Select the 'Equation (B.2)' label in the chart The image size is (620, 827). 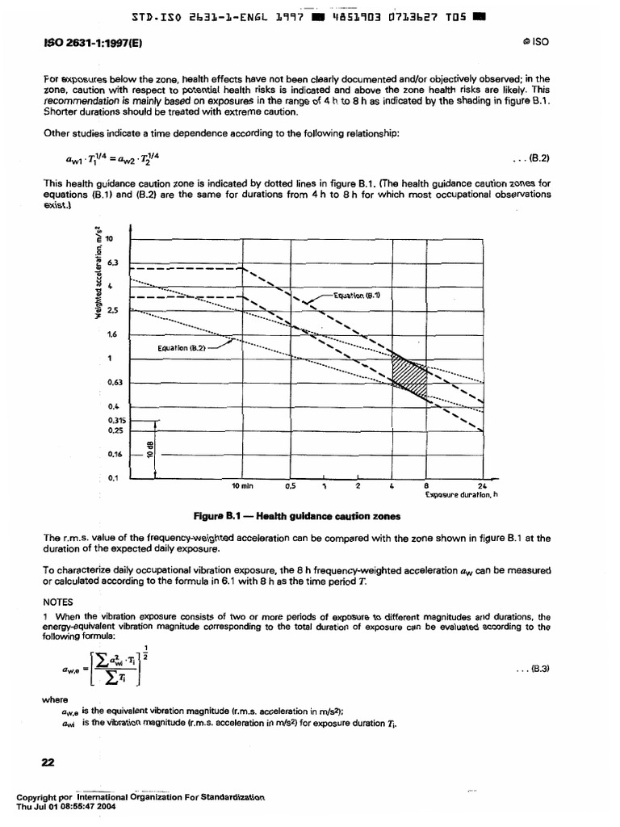click(182, 348)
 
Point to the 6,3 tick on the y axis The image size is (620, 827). click(113, 263)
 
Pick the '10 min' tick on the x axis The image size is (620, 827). click(243, 487)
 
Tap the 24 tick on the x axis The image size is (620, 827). click(481, 487)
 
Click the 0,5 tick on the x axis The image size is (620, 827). click(291, 487)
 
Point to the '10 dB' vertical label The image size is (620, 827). click(150, 449)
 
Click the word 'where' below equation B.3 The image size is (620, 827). click(55, 700)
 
